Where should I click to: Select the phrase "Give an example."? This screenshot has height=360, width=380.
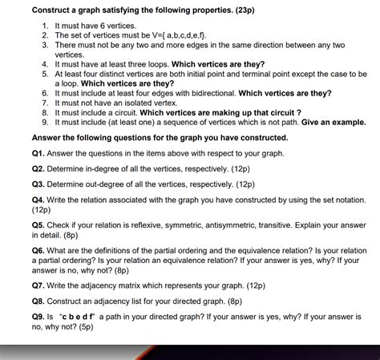pyautogui.click(x=331, y=123)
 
